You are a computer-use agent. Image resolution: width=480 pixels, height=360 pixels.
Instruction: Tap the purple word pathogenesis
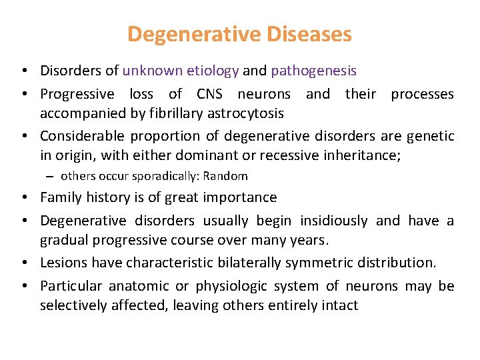tap(324, 71)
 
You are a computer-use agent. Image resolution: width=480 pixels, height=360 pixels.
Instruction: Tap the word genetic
tap(430, 136)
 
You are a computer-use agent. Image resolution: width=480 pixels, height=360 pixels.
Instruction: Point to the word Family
tap(62, 197)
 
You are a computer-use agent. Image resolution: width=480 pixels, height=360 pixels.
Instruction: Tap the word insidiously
tap(333, 221)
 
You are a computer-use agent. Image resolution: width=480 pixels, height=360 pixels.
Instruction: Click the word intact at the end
tap(341, 305)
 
